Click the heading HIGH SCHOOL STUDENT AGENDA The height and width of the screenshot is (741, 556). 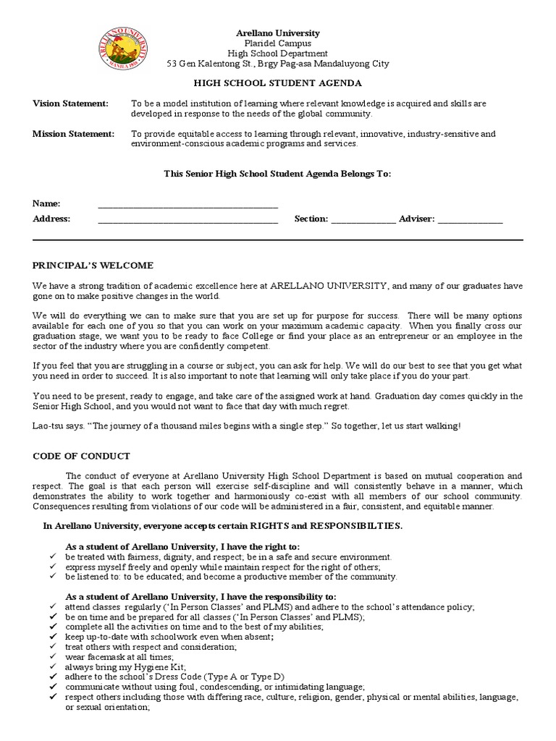(277, 84)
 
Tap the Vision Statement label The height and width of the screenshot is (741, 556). (70, 104)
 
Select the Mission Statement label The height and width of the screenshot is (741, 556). (73, 134)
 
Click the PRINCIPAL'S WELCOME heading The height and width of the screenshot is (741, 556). (93, 266)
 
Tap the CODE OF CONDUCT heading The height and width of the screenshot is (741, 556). (81, 456)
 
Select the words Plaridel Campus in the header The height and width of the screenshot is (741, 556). (278, 43)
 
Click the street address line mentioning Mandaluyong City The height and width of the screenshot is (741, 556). (278, 64)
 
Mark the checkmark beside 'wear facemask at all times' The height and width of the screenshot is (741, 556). (54, 656)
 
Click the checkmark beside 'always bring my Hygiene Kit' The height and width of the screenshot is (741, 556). (54, 666)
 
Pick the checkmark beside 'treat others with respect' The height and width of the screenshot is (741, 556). (54, 646)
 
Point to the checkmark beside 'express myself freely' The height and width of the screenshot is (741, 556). (54, 567)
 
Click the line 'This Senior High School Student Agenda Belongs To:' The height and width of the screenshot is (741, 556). (277, 174)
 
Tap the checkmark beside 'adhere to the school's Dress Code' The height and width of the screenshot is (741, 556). (54, 677)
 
